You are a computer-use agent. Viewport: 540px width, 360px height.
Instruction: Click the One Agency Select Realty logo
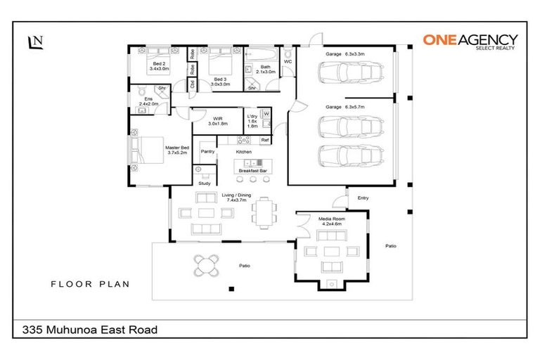point(470,41)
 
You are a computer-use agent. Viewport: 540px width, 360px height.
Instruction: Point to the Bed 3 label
point(220,82)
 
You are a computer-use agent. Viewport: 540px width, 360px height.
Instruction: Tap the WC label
point(288,62)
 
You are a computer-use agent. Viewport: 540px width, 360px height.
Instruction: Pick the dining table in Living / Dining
point(264,212)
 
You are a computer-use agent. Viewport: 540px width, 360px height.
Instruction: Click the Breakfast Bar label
point(252,170)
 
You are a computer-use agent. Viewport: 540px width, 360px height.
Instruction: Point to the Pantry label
point(207,151)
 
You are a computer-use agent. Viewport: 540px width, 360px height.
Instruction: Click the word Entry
point(363,198)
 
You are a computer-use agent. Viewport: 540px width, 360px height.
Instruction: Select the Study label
point(204,183)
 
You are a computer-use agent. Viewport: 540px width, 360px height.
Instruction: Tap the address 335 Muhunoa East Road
point(89,329)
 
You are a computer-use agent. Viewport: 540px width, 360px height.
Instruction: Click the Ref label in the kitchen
point(264,141)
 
